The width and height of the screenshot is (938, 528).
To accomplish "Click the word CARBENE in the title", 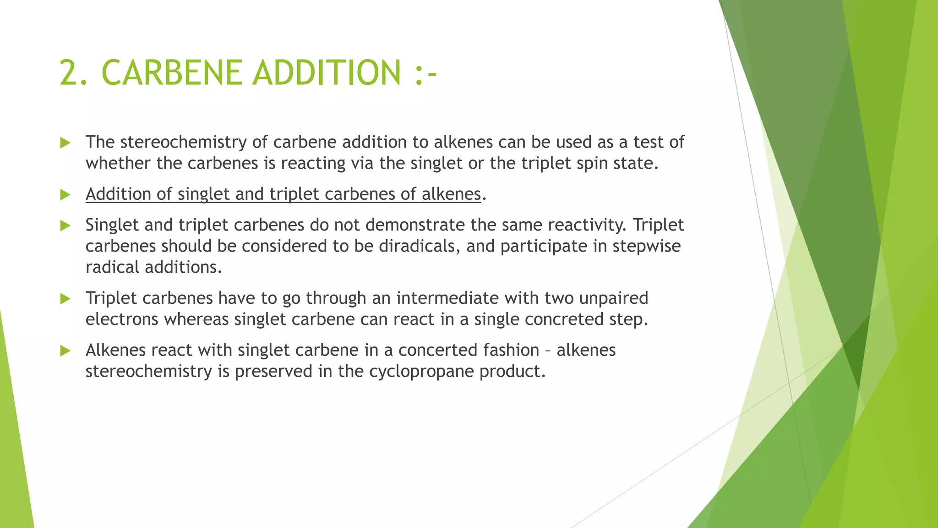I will pos(172,73).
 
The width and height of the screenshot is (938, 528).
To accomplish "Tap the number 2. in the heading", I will pos(74,73).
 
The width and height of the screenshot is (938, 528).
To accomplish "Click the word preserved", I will pos(273,371).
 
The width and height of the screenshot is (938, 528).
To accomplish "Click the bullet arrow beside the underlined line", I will pos(65,195).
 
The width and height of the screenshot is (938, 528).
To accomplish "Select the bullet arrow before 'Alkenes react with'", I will pos(65,351).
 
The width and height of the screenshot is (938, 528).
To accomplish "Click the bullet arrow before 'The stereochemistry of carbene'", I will pos(65,143).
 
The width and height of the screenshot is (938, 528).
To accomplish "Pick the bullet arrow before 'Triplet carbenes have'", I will pos(65,299).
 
